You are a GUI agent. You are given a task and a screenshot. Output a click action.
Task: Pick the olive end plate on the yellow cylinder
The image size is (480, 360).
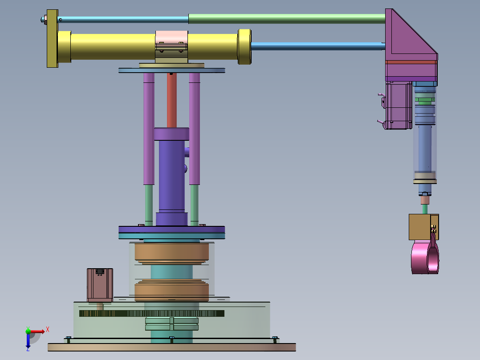point(52,38)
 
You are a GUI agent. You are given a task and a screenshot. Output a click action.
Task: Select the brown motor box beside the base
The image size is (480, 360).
point(100,285)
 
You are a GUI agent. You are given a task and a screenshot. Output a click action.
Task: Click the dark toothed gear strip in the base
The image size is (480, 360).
point(151,313)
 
